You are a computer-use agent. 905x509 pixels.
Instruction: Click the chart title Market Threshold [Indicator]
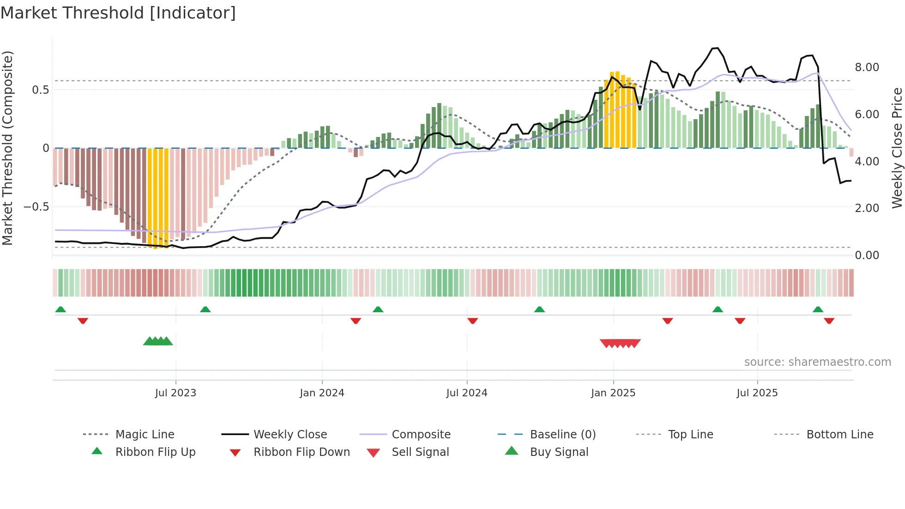click(118, 13)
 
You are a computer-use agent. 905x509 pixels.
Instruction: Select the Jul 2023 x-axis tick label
click(175, 393)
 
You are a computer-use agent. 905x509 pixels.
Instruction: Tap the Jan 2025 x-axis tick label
click(613, 393)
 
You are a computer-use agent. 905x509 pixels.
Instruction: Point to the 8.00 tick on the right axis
click(867, 67)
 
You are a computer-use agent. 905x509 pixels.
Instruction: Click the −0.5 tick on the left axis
click(36, 207)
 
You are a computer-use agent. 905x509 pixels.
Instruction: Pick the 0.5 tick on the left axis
click(40, 90)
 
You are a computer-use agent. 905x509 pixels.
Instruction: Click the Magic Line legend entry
click(145, 435)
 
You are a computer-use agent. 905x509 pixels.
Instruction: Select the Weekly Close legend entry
click(290, 435)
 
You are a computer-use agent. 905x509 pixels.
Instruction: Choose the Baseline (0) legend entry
click(562, 435)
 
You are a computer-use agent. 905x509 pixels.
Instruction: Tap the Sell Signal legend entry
click(420, 452)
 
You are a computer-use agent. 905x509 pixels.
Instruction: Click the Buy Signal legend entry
click(559, 452)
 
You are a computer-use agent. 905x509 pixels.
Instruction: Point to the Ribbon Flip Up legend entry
click(155, 452)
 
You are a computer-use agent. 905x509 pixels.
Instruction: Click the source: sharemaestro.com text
click(817, 362)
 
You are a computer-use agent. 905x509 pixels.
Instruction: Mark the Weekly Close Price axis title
click(897, 148)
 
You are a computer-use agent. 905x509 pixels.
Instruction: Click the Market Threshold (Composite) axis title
click(8, 148)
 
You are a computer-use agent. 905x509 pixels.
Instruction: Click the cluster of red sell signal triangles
click(620, 343)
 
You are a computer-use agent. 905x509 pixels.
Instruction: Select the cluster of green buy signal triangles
click(158, 341)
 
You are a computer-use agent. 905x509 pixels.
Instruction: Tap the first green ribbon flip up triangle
click(60, 309)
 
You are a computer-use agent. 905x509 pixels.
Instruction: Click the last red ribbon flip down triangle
click(829, 321)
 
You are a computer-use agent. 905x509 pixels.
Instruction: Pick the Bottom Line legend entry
click(839, 435)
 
